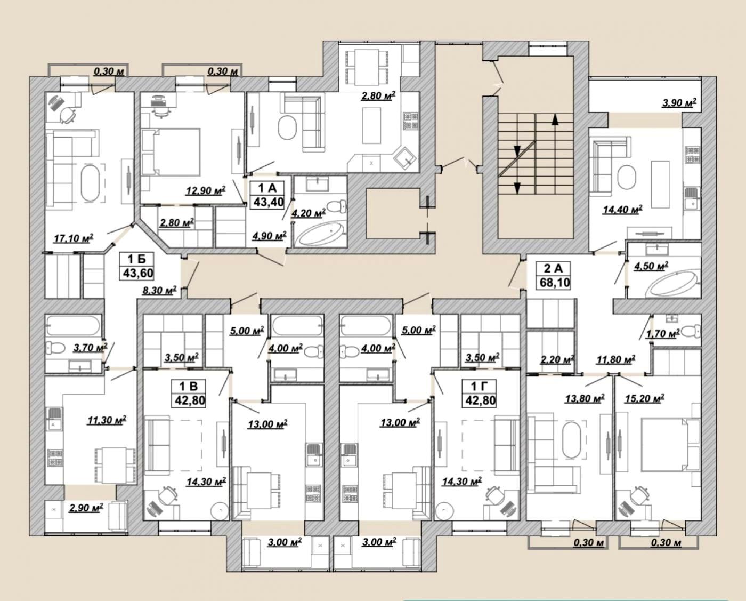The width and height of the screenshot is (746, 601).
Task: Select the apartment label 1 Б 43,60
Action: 136,267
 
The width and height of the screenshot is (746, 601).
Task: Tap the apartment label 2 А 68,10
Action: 554,276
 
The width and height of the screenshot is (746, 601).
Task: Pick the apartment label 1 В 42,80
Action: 189,393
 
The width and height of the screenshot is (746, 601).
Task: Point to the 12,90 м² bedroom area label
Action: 206,190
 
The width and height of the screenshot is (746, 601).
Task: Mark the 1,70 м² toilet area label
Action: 662,334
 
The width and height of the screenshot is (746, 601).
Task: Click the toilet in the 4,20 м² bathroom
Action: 337,207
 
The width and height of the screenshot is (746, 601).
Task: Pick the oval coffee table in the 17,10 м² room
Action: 90,182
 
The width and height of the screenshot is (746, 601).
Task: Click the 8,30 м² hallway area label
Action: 160,291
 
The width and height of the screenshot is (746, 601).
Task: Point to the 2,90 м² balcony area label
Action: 86,508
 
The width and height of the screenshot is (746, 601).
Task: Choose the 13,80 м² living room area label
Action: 585,398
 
